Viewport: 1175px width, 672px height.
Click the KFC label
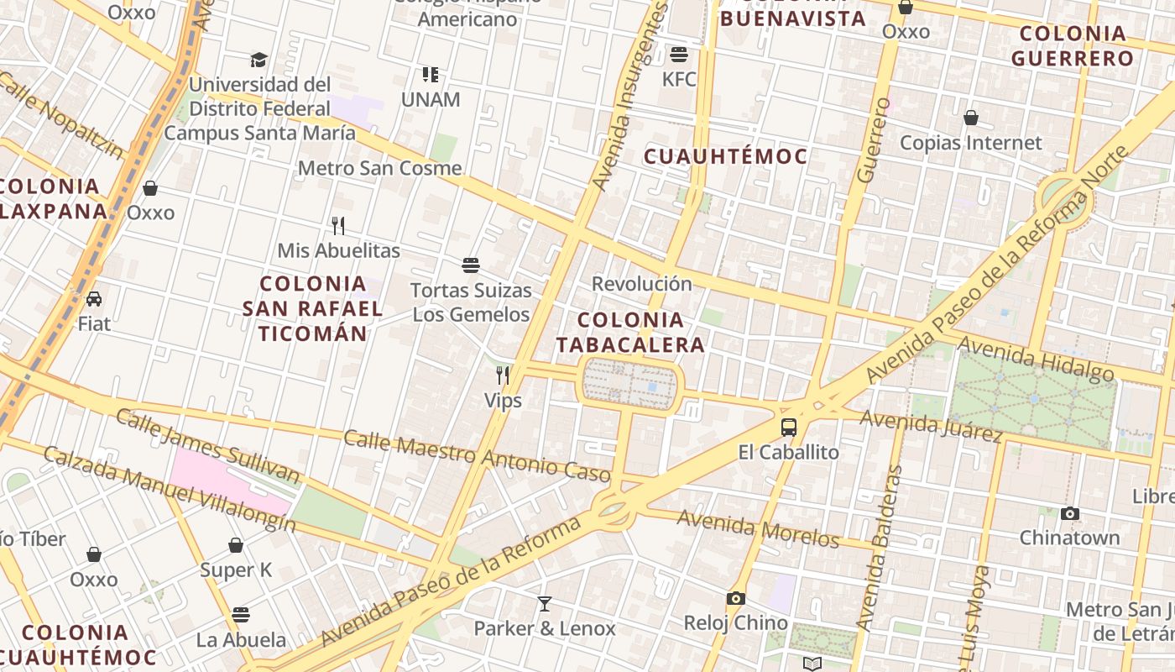click(x=679, y=80)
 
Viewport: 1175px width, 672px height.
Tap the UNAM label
click(x=431, y=100)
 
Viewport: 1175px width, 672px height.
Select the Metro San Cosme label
click(x=379, y=168)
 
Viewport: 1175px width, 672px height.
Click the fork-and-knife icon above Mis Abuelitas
click(x=338, y=225)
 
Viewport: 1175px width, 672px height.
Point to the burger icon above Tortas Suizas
click(x=471, y=265)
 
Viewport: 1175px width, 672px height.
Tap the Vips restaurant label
click(x=503, y=401)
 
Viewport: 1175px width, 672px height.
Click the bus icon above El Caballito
click(x=789, y=427)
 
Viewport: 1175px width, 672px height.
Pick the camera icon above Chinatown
click(x=1069, y=513)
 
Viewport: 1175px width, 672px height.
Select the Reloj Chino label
click(x=735, y=623)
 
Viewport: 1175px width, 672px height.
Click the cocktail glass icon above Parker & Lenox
click(x=545, y=603)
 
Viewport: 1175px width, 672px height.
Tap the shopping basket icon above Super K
click(x=236, y=545)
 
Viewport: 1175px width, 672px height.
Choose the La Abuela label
click(x=241, y=640)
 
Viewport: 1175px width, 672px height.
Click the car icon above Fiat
click(x=94, y=299)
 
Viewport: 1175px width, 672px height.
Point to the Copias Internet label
click(x=970, y=143)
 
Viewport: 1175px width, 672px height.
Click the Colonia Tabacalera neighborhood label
click(x=630, y=332)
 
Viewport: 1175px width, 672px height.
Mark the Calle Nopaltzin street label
click(x=59, y=116)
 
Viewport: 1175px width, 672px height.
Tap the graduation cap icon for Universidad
click(x=258, y=60)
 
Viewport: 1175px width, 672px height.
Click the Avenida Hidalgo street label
click(x=1036, y=359)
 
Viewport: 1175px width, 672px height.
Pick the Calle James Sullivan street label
click(x=206, y=446)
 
